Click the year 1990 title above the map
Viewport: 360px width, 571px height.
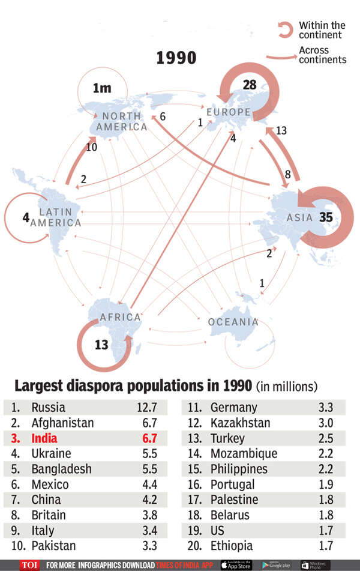(176, 58)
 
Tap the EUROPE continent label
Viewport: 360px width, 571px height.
(228, 112)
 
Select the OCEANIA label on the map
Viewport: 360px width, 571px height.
(233, 322)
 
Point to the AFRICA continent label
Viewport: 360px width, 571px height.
(120, 317)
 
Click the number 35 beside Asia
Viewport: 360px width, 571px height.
(326, 217)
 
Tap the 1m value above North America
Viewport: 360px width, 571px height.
(102, 89)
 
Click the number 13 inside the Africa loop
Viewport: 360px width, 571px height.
(102, 344)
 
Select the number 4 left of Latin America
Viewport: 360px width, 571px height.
(26, 217)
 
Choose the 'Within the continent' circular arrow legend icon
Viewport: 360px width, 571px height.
(284, 30)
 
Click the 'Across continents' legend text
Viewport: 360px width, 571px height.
(322, 55)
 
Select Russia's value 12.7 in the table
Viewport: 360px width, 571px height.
(145, 407)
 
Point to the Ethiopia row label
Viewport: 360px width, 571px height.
(232, 546)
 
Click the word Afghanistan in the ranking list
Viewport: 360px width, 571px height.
(62, 423)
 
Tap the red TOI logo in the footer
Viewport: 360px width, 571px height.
(28, 565)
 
